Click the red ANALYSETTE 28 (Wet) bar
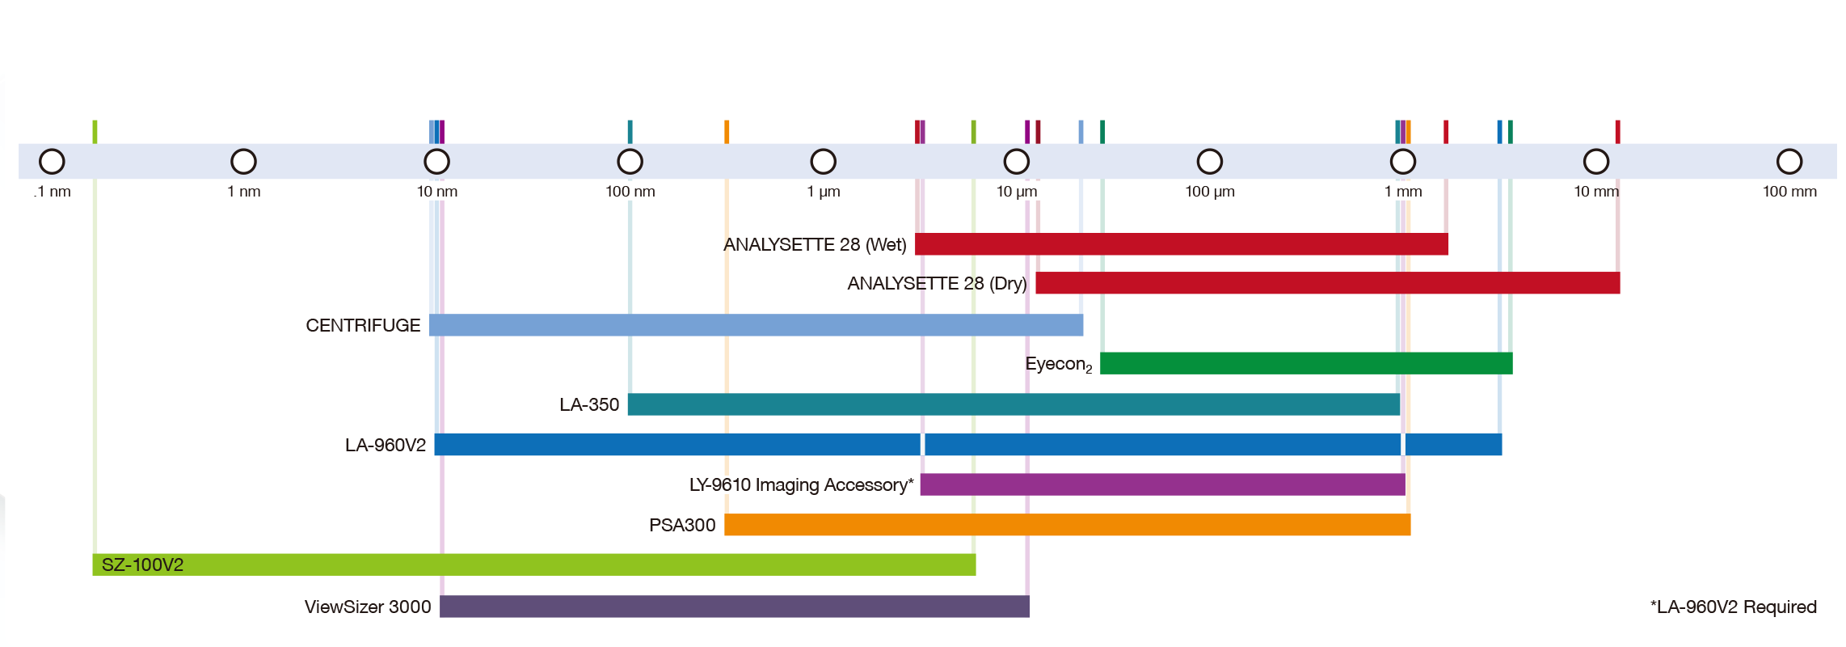1181,244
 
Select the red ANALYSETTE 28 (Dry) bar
1328,283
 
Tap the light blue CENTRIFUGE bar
756,325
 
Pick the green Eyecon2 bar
1306,364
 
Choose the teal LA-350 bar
1014,404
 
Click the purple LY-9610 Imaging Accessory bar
1163,484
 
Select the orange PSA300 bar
1068,525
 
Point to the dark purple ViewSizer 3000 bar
735,607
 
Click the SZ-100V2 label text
143,565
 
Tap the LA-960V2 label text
386,446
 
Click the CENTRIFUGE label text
363,325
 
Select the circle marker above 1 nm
243,162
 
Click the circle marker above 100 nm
630,162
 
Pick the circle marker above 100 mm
1789,162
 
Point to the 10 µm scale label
1017,192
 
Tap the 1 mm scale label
1403,192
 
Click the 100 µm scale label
1210,192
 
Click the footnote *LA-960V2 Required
1734,607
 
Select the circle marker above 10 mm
1596,162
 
